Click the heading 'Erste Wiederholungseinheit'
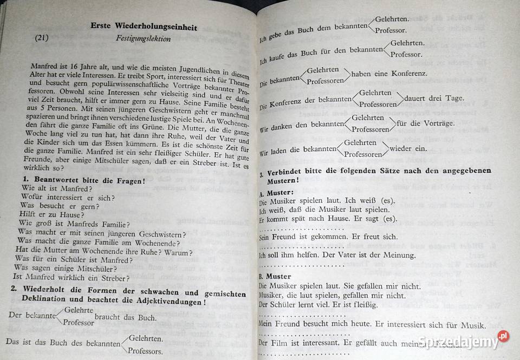point(144,28)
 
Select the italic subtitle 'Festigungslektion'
point(144,39)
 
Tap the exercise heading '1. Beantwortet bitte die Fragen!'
point(83,179)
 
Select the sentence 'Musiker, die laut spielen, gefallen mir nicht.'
point(331,295)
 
